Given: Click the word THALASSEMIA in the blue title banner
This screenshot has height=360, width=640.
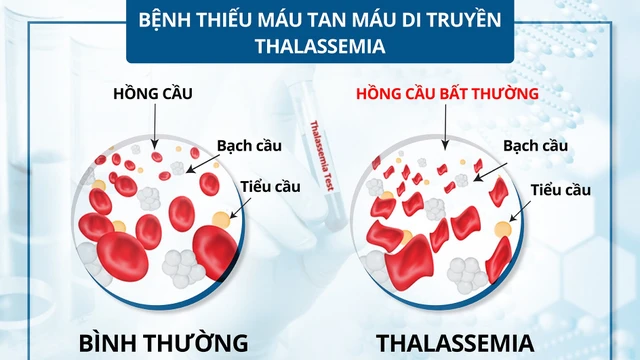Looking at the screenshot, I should click(x=319, y=46).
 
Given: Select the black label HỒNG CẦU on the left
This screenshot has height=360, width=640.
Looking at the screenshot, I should click(x=152, y=94).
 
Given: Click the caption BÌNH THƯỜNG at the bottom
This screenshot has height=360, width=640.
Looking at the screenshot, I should click(x=161, y=343).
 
